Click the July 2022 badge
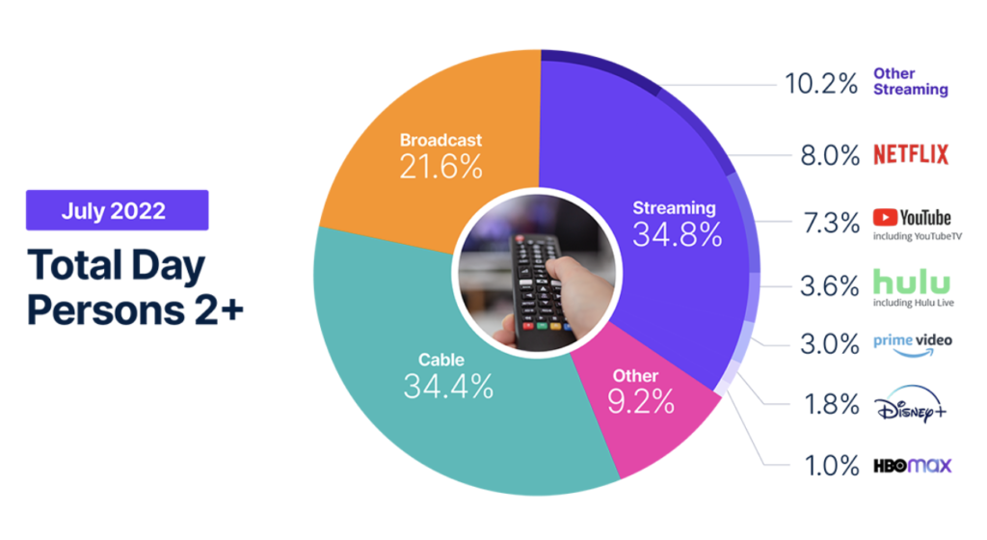click(x=117, y=210)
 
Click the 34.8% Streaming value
click(x=678, y=234)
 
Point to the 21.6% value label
click(x=441, y=167)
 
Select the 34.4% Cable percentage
click(x=448, y=387)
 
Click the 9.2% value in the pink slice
click(x=641, y=401)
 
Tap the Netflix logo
click(x=911, y=154)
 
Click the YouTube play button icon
click(x=885, y=218)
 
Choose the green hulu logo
click(x=912, y=283)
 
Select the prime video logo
click(x=913, y=345)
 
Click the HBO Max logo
click(x=913, y=466)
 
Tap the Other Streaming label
click(x=910, y=82)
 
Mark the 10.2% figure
click(x=821, y=84)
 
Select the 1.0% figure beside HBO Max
click(x=832, y=467)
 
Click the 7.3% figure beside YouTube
click(x=831, y=223)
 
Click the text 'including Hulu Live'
click(x=914, y=303)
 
